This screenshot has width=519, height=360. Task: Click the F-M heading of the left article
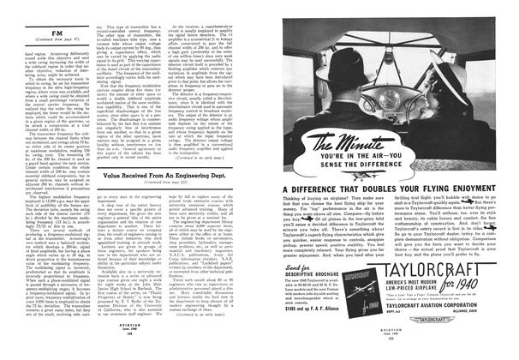37,37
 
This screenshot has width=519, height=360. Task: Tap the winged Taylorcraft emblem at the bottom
464,345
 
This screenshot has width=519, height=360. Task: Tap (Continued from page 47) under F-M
37,46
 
